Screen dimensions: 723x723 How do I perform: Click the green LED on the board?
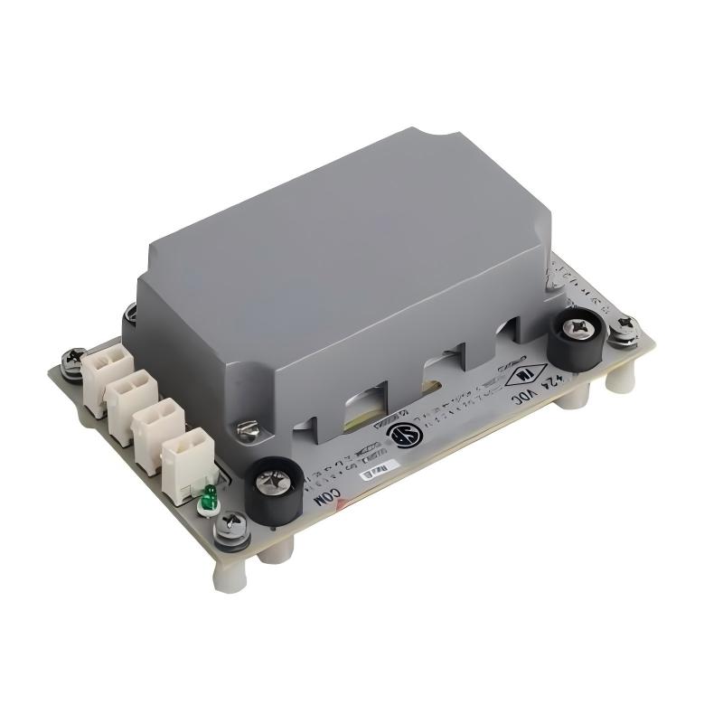[209, 494]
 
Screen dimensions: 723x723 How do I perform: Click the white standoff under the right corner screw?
[618, 379]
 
